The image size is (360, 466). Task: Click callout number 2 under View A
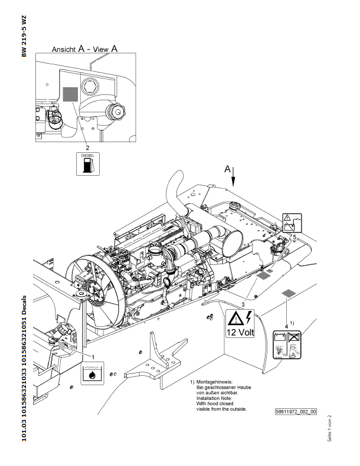(x=88, y=147)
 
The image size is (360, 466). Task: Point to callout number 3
(x=243, y=303)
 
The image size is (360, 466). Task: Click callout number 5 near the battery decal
(x=294, y=237)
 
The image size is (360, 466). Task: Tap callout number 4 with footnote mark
(x=287, y=325)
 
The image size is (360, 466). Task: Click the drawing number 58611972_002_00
(x=296, y=411)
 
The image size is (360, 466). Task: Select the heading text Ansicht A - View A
(x=85, y=50)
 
